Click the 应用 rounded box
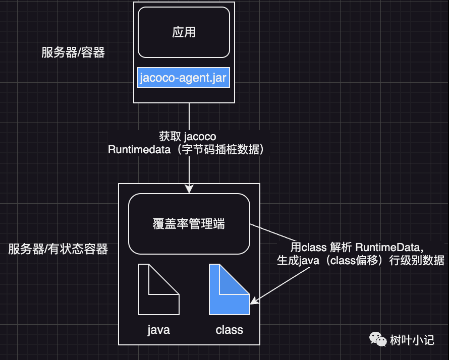pos(184,32)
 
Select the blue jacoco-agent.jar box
pos(184,78)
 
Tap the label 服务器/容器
pos(73,52)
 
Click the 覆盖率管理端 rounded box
pos(189,224)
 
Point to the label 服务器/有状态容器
pos(58,249)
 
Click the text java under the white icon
pos(158,330)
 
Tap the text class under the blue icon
pos(229,330)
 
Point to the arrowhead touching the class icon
pos(254,302)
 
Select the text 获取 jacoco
pos(188,137)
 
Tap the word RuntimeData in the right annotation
pos(387,247)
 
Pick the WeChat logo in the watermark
pos(377,339)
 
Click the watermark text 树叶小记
pos(412,340)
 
